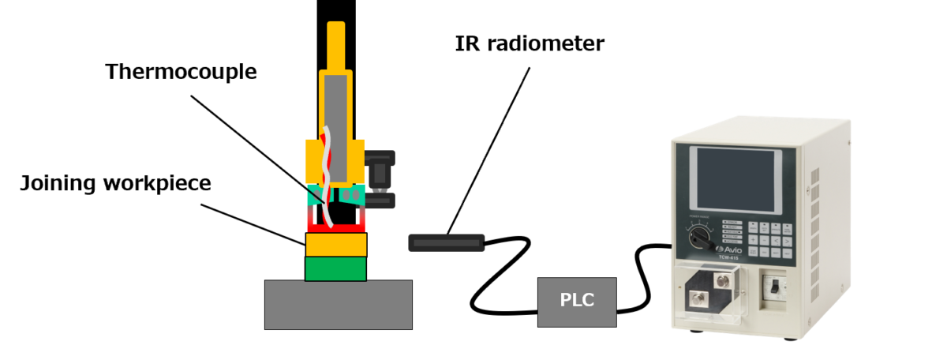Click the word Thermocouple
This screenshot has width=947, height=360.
pyautogui.click(x=181, y=72)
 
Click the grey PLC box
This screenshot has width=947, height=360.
pyautogui.click(x=577, y=302)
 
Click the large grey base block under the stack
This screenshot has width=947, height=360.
pyautogui.click(x=338, y=304)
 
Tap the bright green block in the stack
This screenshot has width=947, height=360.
pyautogui.click(x=335, y=268)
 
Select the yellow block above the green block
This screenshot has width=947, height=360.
pyautogui.click(x=335, y=245)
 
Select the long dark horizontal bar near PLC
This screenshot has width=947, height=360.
pyautogui.click(x=447, y=242)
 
